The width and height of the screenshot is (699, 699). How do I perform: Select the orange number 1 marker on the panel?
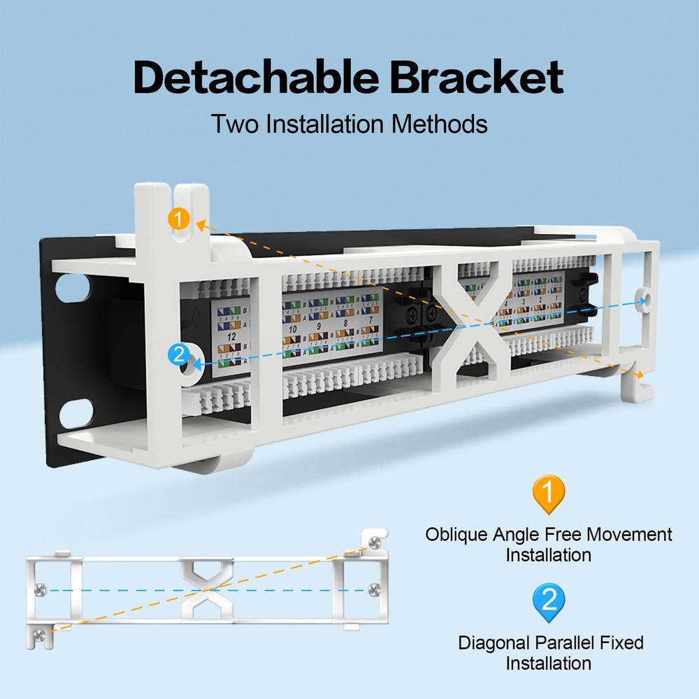tap(180, 219)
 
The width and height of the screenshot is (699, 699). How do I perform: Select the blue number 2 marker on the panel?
tap(179, 354)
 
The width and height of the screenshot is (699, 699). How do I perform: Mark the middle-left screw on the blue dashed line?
tap(43, 590)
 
